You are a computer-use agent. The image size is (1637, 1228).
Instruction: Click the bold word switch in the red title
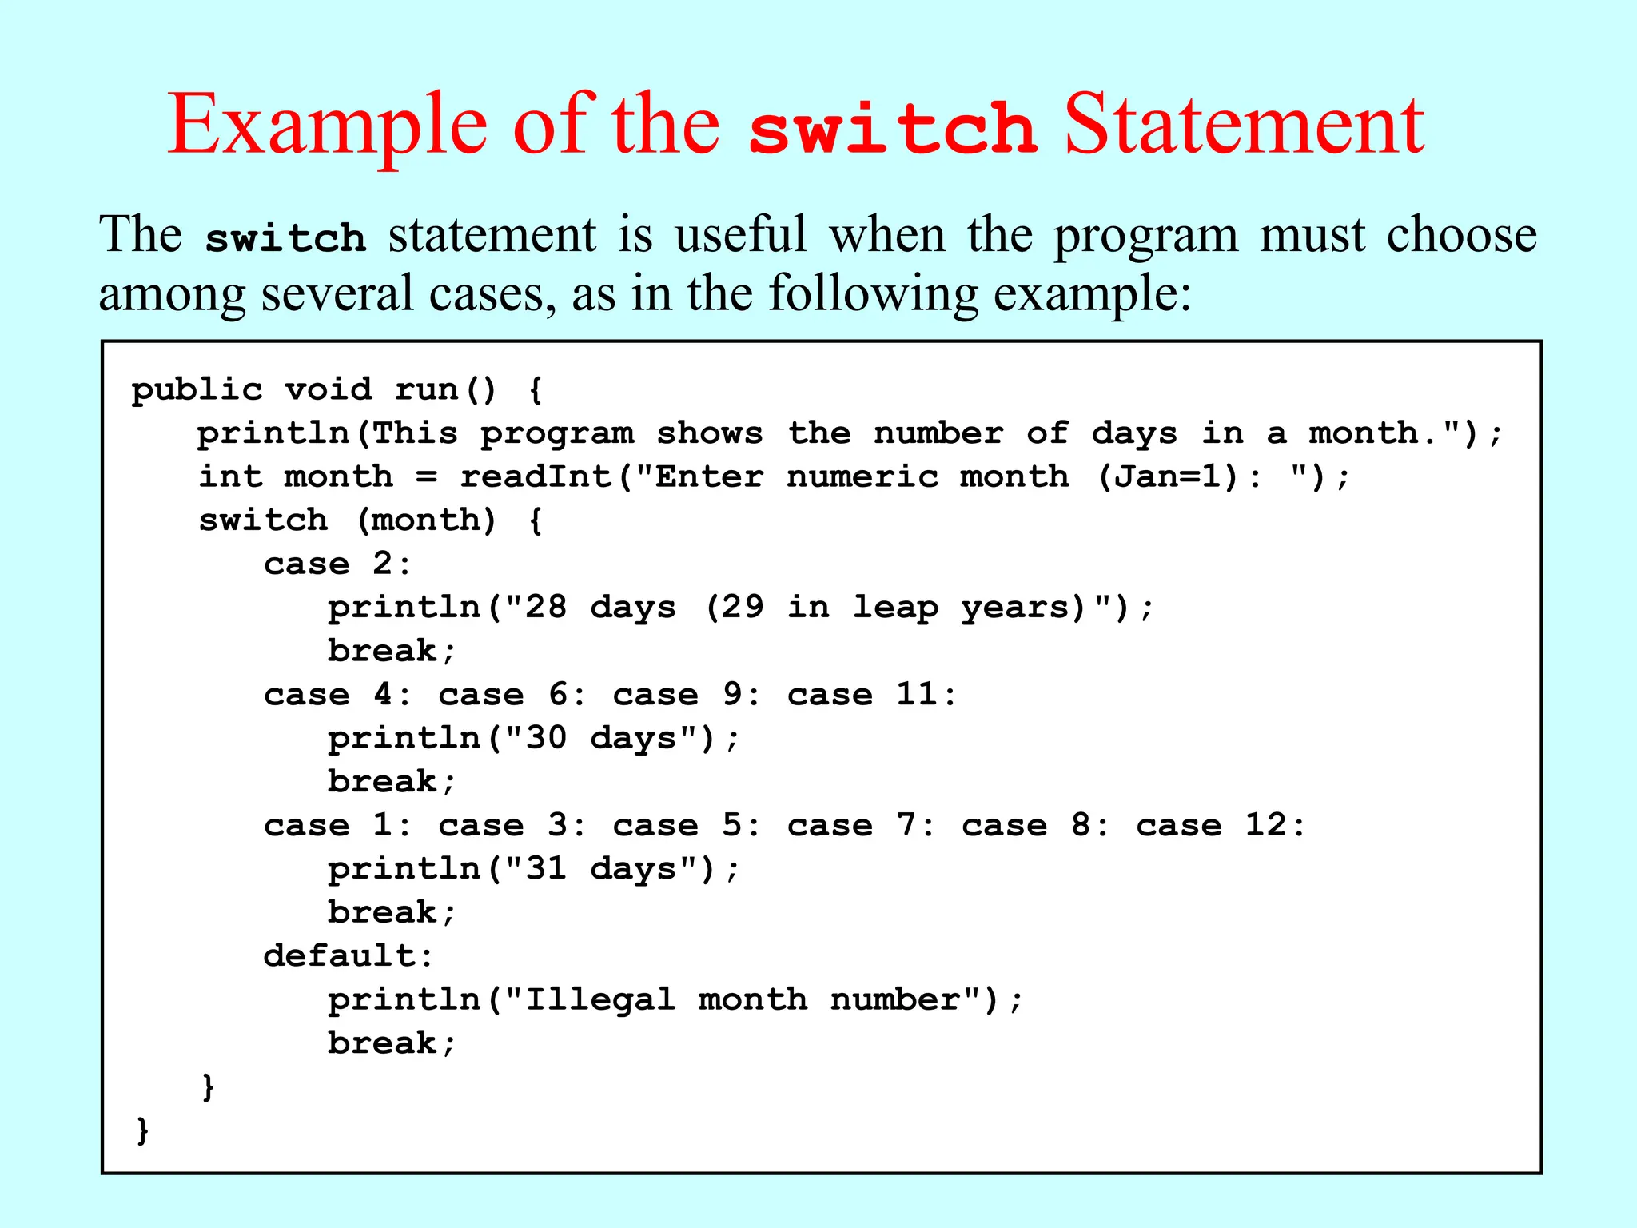tap(892, 128)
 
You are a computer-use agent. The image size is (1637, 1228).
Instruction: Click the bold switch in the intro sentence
tap(285, 238)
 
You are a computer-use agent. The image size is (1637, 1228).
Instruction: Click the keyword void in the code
tap(329, 389)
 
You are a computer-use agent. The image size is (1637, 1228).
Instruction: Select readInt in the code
tap(536, 476)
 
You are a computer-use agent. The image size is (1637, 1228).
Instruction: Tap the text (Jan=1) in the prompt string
tap(1169, 476)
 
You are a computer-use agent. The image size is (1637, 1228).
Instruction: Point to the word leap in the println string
tap(894, 608)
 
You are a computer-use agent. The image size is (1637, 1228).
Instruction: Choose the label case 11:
tap(871, 694)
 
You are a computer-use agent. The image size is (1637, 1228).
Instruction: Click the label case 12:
tap(1221, 825)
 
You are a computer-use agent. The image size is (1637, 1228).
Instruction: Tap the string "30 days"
tap(611, 738)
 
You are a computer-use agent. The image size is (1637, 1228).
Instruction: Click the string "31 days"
tap(611, 869)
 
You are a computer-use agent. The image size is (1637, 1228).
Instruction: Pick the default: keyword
tap(349, 955)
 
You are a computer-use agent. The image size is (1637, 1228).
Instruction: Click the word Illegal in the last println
tap(599, 999)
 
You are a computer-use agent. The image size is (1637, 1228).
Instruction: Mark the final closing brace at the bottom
tap(143, 1130)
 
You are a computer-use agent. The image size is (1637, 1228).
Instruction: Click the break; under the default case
tap(392, 1043)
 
